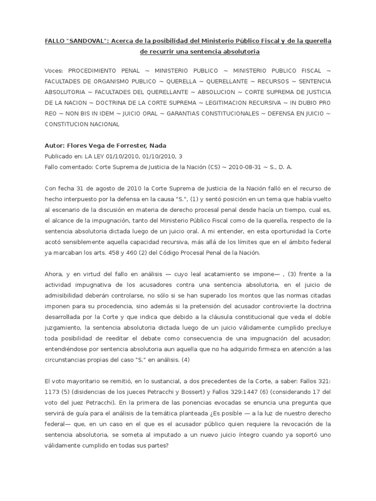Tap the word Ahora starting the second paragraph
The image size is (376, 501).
coord(54,274)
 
